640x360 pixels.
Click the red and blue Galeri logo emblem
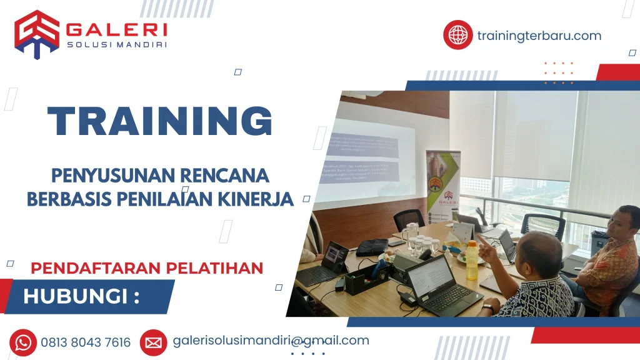click(x=36, y=34)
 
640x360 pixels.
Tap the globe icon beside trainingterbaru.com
click(x=457, y=35)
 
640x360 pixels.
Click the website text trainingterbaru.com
click(x=539, y=36)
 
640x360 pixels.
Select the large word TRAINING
click(x=160, y=121)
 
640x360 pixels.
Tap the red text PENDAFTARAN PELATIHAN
click(x=147, y=268)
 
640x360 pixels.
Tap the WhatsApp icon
click(x=23, y=342)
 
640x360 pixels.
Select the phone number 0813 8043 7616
click(x=86, y=342)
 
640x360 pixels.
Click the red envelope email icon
click(x=153, y=342)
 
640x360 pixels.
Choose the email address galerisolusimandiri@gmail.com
click(x=271, y=341)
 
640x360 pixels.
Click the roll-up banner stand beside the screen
click(x=442, y=187)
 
